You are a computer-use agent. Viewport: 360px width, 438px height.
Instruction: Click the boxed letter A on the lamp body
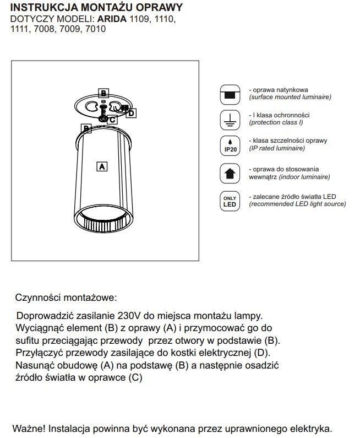tap(101, 165)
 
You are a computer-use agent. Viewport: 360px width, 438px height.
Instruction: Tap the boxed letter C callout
tap(112, 119)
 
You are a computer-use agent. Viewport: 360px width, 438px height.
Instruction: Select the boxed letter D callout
tap(130, 113)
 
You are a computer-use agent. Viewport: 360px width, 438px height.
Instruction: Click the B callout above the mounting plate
tap(104, 93)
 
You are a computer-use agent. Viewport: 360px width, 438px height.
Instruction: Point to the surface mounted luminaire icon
tap(230, 95)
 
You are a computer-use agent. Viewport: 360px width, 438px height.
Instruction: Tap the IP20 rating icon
tap(230, 144)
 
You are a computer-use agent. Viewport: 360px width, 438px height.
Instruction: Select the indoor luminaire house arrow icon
tap(230, 173)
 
